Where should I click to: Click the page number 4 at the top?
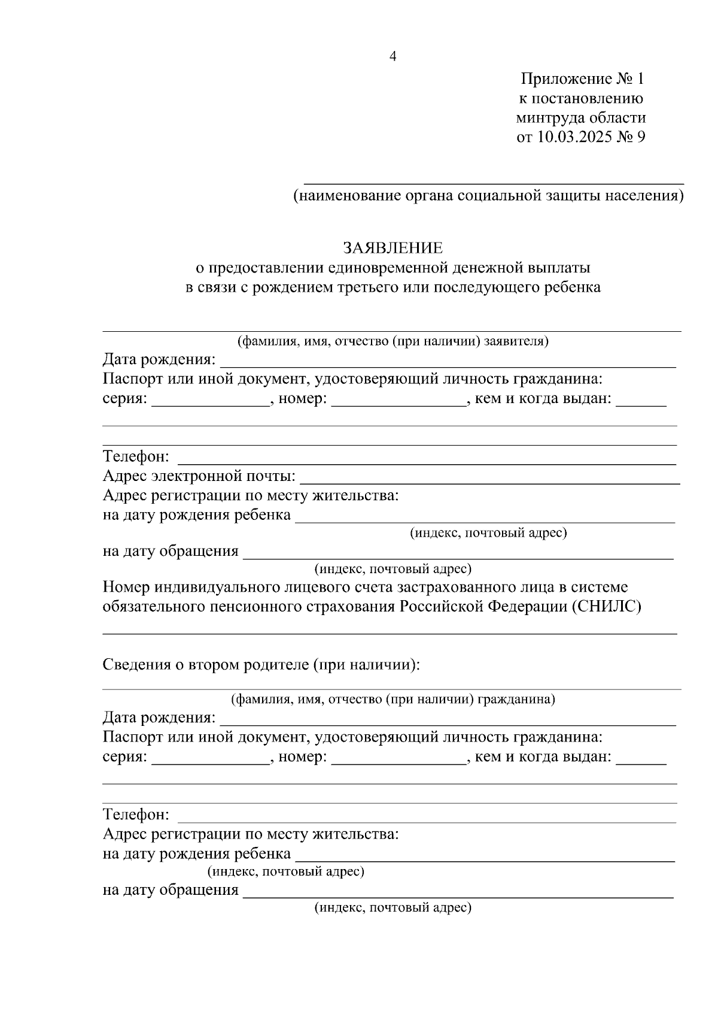pos(393,57)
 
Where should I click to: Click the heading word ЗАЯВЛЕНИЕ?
pos(393,248)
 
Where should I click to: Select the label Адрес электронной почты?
pos(199,477)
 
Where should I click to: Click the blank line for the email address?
pos(489,482)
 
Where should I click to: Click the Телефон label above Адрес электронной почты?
pos(136,457)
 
